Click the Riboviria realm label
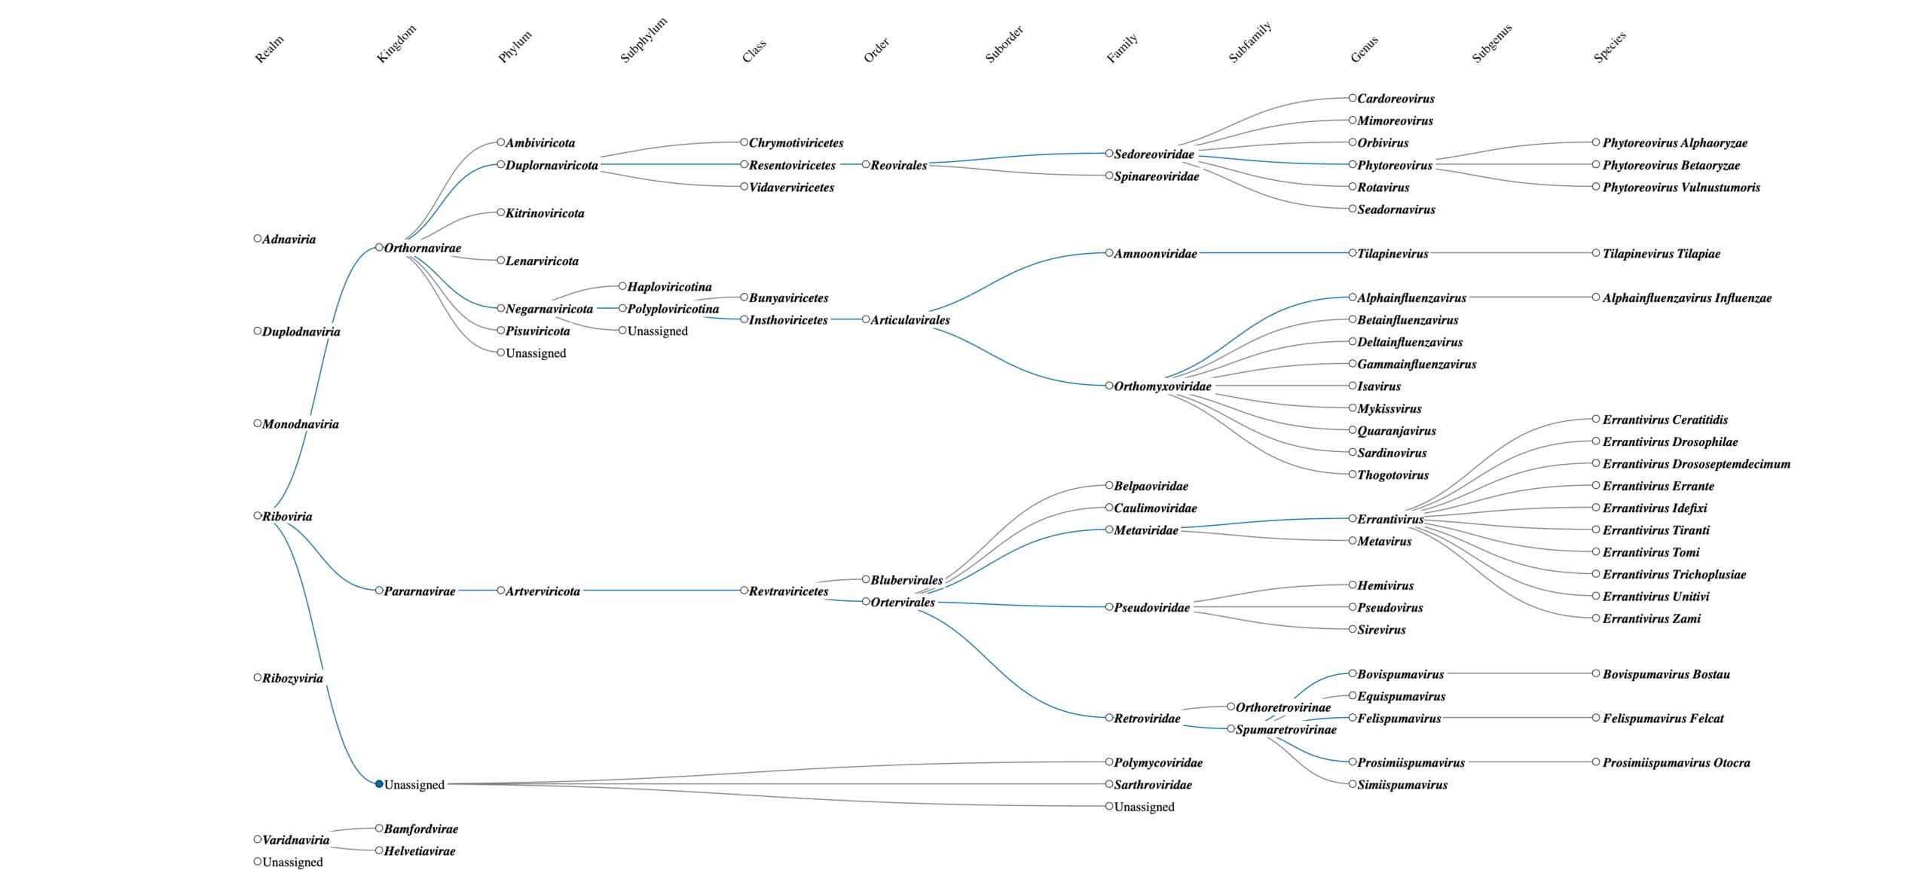click(286, 517)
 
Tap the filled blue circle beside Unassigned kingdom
click(379, 784)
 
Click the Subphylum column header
click(643, 41)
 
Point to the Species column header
click(1610, 47)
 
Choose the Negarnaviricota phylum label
click(549, 309)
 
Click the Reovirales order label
click(898, 165)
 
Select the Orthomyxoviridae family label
click(1162, 386)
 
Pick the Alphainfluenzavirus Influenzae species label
click(1686, 298)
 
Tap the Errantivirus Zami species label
click(1651, 619)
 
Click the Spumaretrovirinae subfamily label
click(1285, 730)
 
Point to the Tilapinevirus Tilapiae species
click(1661, 254)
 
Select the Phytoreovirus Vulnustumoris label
click(1680, 188)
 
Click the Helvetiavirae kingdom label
click(420, 851)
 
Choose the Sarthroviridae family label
click(1152, 785)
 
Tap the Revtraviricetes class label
click(788, 591)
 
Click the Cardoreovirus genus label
click(1396, 99)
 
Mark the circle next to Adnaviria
click(258, 239)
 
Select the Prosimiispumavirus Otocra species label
click(1676, 763)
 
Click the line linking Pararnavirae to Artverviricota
click(476, 591)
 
